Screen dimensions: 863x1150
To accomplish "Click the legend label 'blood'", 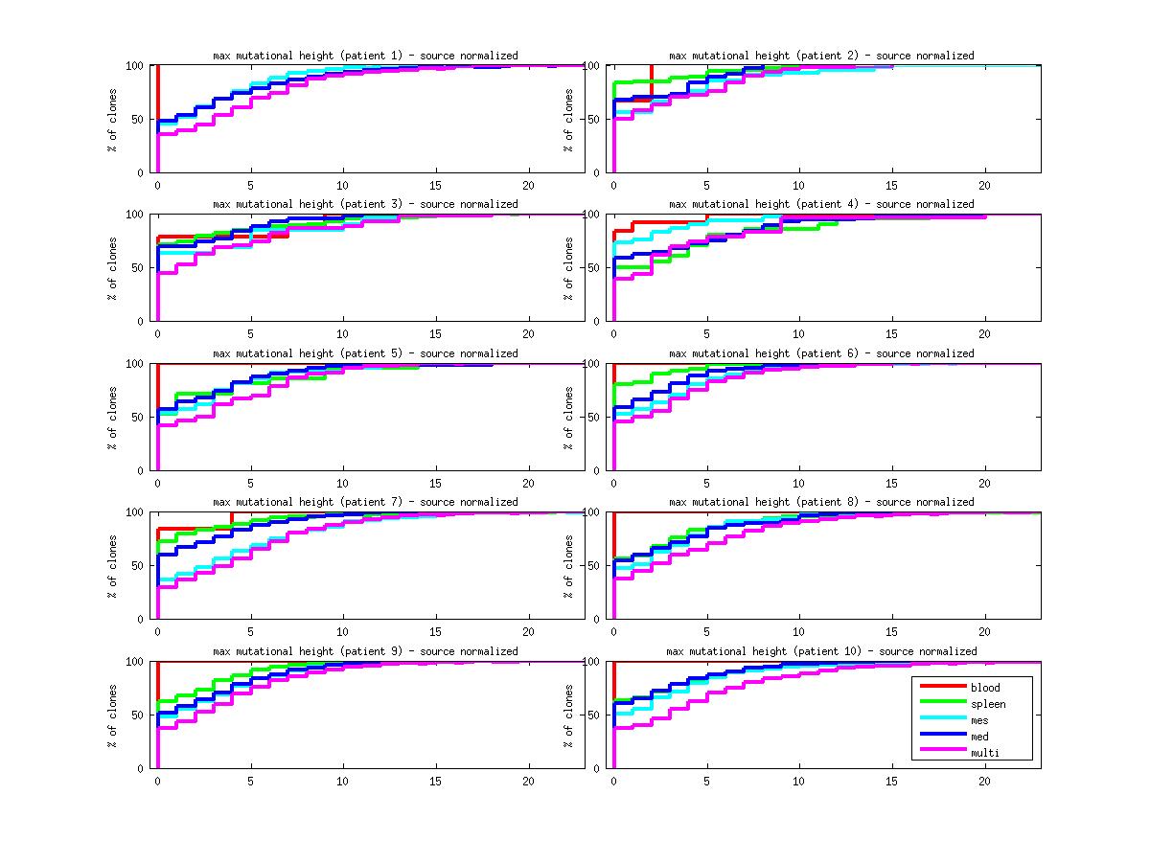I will click(984, 688).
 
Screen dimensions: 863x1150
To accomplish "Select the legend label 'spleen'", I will click(987, 704).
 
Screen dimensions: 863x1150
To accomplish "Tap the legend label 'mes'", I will click(979, 720).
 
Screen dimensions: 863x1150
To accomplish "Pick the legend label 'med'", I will click(979, 737).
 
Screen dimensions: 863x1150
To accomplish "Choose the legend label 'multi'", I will click(984, 753).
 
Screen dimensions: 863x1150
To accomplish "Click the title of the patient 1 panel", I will click(365, 56).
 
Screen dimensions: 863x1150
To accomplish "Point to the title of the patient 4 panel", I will click(821, 204).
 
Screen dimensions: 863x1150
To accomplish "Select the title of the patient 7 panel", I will click(365, 502).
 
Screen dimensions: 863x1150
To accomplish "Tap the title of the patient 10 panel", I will click(821, 651).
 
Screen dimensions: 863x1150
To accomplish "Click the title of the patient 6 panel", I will click(821, 353).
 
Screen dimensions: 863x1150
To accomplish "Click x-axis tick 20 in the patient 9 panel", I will click(528, 782).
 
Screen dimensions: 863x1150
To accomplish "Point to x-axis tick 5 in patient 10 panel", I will click(706, 782).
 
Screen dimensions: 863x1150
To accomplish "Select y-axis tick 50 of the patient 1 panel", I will click(137, 120).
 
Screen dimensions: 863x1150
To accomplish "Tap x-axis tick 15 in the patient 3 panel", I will click(436, 334).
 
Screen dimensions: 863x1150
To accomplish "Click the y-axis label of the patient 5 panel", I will click(114, 418).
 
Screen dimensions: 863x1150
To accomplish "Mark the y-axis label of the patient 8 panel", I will click(570, 566).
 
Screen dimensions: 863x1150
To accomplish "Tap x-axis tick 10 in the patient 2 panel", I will click(798, 186).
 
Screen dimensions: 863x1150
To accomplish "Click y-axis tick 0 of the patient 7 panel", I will click(141, 619).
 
